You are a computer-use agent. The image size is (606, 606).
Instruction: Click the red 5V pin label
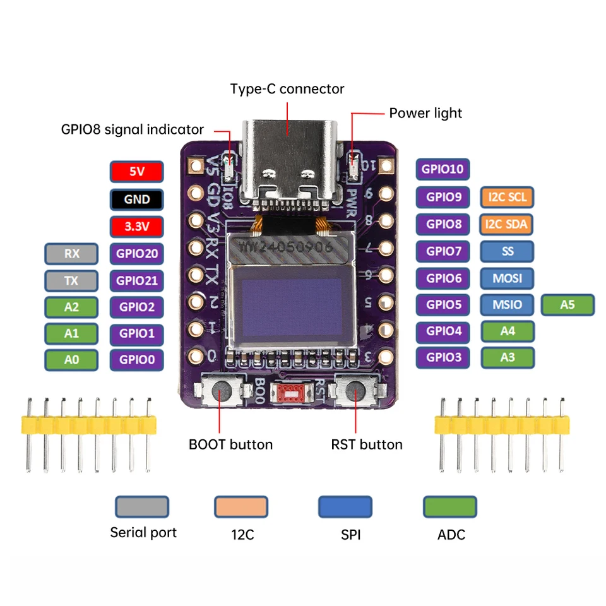(137, 172)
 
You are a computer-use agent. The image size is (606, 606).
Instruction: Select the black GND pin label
(137, 199)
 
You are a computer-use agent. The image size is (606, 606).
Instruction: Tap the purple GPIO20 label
(137, 254)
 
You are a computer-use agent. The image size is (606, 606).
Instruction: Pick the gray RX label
(71, 254)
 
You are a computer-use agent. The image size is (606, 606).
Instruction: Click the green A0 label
(71, 360)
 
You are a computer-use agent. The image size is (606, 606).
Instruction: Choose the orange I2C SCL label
(507, 197)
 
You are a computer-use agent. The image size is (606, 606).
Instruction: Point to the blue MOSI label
(507, 278)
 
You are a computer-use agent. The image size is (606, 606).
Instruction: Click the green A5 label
(567, 304)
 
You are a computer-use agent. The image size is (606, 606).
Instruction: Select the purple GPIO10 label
(443, 169)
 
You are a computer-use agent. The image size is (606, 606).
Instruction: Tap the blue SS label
(507, 251)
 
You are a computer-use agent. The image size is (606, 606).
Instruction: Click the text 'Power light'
(425, 113)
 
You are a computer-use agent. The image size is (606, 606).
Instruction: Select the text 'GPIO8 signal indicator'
(133, 129)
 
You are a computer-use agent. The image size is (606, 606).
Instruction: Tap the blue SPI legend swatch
(345, 507)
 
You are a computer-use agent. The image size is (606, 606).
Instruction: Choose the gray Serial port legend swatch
(142, 507)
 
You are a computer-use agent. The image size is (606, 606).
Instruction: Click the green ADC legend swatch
(449, 507)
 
